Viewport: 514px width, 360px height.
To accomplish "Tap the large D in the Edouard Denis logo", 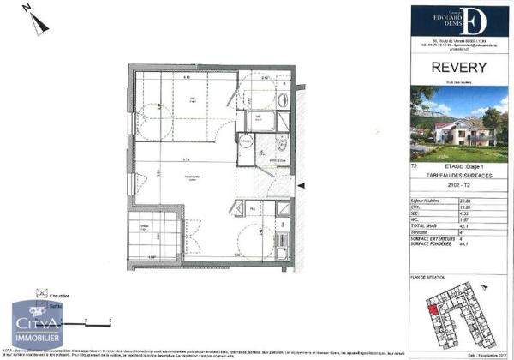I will click(x=479, y=21).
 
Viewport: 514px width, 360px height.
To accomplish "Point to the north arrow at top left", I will click(x=33, y=19).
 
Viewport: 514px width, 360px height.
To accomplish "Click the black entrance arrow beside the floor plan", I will click(x=298, y=183).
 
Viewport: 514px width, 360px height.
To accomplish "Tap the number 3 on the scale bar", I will click(x=111, y=318).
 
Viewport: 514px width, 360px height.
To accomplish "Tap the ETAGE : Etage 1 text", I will click(x=466, y=165).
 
